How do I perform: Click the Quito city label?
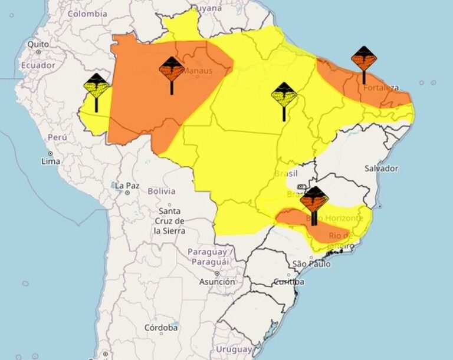click(x=38, y=44)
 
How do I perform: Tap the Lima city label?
click(x=50, y=160)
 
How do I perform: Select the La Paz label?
click(x=127, y=186)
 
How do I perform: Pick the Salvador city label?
click(x=381, y=168)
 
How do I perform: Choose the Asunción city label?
click(x=217, y=282)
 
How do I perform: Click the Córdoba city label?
click(x=161, y=327)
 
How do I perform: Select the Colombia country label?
click(x=87, y=13)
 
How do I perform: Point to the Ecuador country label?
click(x=38, y=65)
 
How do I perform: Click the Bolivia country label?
click(x=161, y=191)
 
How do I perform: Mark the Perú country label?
click(x=57, y=137)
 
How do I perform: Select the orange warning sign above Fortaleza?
click(x=363, y=60)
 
